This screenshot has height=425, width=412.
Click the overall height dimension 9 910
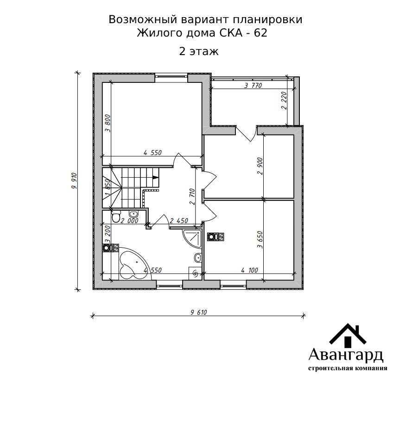coord(74,181)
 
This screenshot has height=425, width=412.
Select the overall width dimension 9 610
coord(199,312)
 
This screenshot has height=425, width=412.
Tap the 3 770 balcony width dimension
coord(253,86)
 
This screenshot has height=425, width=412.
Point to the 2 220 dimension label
coord(284,100)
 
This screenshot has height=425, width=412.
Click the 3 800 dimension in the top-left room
coord(108,123)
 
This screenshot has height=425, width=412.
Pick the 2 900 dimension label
coord(260,166)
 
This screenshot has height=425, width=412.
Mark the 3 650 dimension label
coord(260,240)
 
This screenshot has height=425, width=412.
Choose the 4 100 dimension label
coord(249,270)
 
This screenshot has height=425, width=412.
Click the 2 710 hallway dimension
coord(192,196)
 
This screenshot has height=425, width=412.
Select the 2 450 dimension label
coord(179,221)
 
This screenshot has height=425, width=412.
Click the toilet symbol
coord(116,217)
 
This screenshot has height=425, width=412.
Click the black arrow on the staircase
coord(155,177)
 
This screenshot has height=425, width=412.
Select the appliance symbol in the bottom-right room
coord(216,237)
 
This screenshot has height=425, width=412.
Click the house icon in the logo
coord(348,335)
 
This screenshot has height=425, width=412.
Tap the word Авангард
coord(346,356)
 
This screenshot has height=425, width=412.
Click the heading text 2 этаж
coord(199,51)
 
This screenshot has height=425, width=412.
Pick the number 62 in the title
coord(260,33)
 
